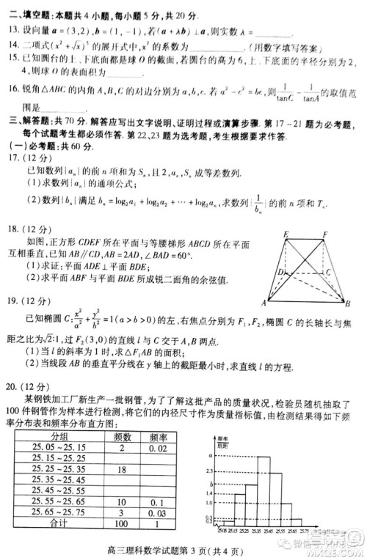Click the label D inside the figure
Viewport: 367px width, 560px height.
tap(281, 272)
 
